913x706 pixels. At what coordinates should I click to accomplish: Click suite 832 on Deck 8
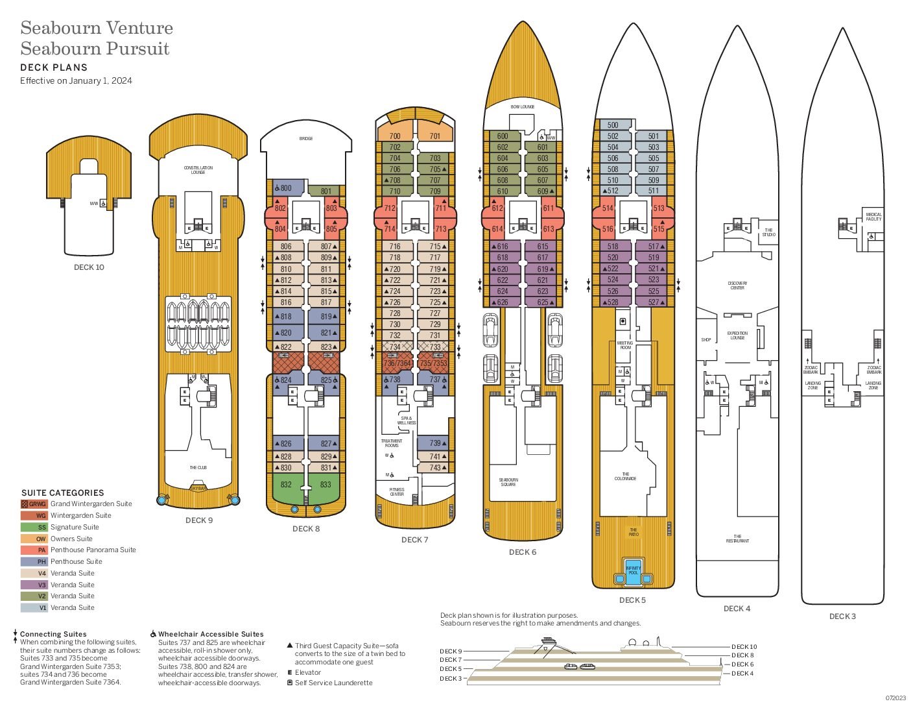(286, 485)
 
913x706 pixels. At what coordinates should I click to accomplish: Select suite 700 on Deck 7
(395, 136)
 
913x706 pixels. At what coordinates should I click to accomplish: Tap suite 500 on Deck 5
(613, 125)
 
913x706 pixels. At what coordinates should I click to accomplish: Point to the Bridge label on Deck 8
(306, 139)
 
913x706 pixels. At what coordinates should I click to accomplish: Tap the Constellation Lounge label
(198, 170)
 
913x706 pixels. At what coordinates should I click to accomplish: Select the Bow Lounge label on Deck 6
(522, 107)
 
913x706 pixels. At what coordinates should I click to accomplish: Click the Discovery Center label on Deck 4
(737, 286)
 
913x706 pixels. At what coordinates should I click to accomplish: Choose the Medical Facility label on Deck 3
(873, 217)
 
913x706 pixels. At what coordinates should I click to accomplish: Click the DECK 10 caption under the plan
(89, 267)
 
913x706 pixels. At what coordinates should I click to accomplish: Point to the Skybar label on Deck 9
(198, 488)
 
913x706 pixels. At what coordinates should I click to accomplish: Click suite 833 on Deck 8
(326, 485)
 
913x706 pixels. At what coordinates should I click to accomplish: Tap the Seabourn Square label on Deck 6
(508, 482)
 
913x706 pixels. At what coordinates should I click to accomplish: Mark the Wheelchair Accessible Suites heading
(211, 634)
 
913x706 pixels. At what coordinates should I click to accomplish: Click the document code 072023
(895, 698)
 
